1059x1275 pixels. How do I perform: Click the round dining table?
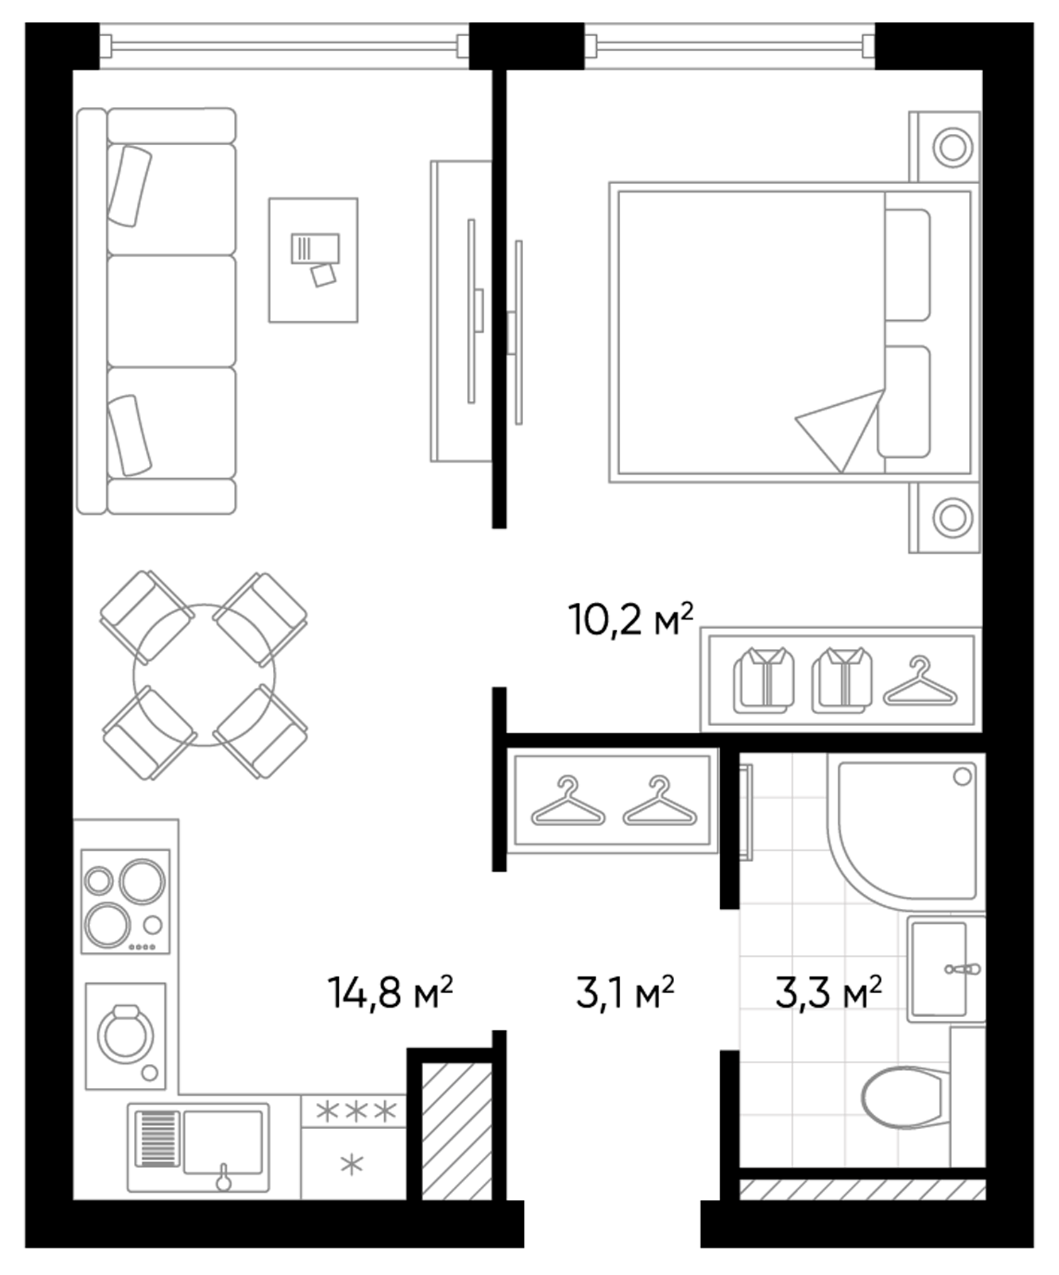[x=204, y=675]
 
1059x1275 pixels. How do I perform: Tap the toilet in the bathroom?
[x=902, y=1097]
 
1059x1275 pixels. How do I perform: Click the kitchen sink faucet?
[x=224, y=1177]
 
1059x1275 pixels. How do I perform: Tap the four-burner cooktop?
[x=125, y=901]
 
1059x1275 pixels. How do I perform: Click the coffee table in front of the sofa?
[x=313, y=260]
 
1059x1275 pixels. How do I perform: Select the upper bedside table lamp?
[x=951, y=147]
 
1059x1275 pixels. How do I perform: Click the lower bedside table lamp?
[x=951, y=517]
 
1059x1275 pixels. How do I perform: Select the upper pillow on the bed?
[x=907, y=264]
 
